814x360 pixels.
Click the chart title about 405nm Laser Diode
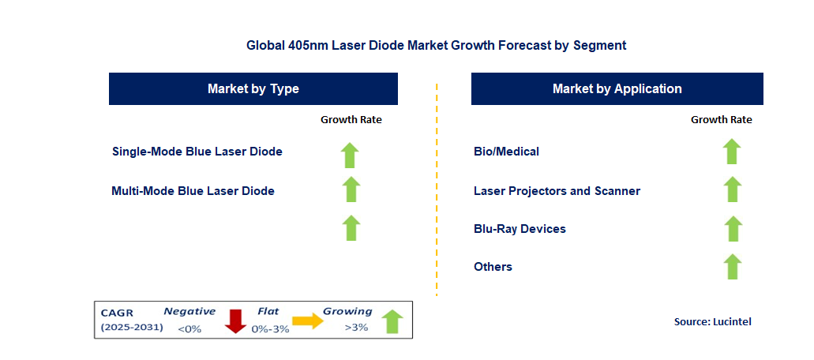point(436,45)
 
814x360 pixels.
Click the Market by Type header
point(253,88)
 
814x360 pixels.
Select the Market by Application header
point(617,88)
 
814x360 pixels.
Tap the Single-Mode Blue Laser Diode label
point(197,151)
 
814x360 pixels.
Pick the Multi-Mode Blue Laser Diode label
point(193,190)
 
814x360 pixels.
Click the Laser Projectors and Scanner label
point(557,190)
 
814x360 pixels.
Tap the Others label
point(493,266)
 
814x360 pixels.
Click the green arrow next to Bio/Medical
point(732,152)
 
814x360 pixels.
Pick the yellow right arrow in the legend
point(308,321)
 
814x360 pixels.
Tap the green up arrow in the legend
point(392,321)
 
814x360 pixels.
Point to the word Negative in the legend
point(189,311)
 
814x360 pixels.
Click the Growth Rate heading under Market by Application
point(721,119)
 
